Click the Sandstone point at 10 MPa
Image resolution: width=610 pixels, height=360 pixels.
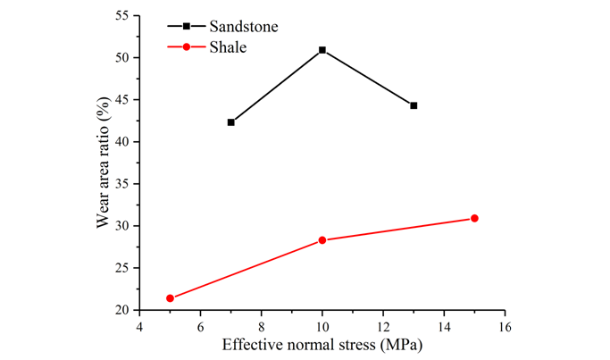322,50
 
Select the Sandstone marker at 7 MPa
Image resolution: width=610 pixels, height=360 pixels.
231,122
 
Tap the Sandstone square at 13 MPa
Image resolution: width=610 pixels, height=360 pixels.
414,105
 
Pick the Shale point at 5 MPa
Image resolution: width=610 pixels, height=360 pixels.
170,298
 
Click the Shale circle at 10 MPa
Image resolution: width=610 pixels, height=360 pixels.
322,240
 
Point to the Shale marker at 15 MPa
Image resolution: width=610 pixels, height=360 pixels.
474,218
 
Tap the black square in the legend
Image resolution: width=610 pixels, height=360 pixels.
186,27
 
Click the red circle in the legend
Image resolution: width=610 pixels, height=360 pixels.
186,46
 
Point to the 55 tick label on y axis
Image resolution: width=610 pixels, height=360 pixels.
122,16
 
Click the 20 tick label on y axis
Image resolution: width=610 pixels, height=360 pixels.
122,310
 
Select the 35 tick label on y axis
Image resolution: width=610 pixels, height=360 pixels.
122,184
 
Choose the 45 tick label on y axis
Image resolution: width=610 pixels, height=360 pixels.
122,100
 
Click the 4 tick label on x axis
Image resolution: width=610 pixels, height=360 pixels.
139,326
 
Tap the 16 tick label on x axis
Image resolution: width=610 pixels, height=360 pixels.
505,326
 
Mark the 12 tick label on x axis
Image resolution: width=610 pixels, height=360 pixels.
383,326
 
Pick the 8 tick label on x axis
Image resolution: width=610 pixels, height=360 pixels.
262,326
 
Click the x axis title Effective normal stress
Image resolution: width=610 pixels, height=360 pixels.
322,345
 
